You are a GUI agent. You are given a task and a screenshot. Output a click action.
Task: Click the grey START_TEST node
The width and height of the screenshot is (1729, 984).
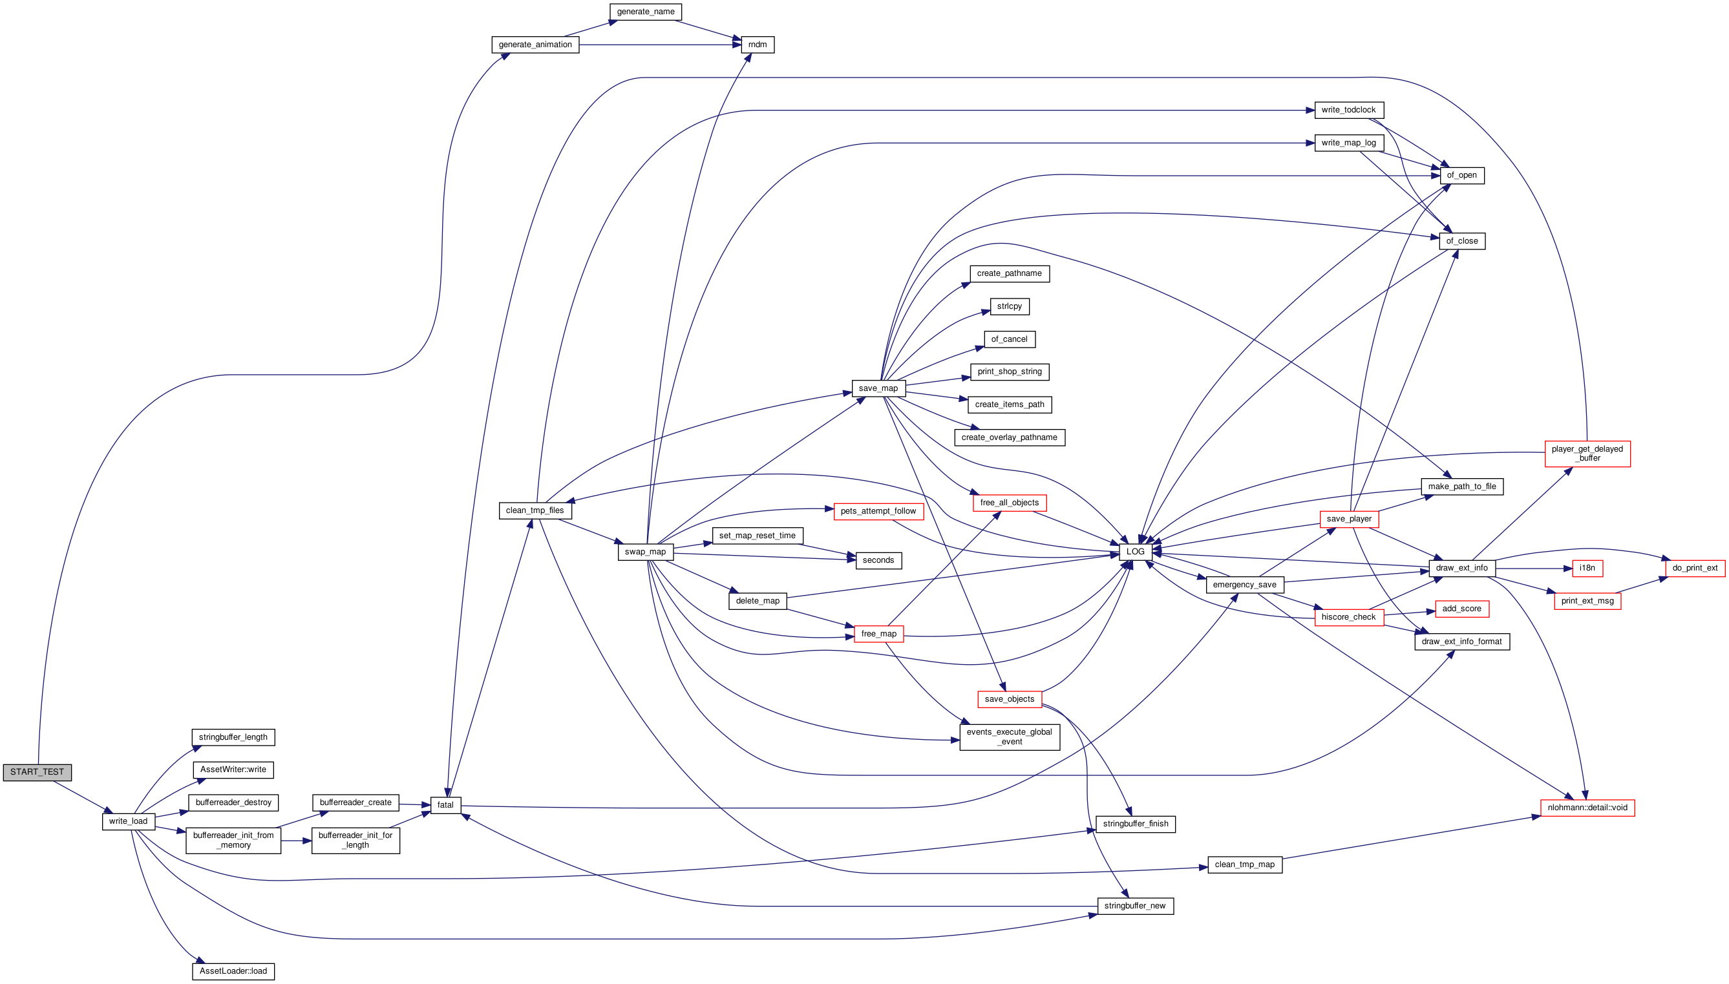(37, 772)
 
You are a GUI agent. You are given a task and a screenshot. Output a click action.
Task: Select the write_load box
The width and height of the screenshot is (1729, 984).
(129, 821)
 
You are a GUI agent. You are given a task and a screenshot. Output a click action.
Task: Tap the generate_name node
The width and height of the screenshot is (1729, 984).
(646, 12)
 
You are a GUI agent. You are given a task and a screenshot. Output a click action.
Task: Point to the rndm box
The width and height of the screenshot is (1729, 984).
(758, 45)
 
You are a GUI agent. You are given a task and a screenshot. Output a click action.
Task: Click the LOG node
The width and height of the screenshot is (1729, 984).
(1136, 552)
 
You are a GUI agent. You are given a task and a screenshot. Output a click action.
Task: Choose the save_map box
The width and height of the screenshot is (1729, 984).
(878, 388)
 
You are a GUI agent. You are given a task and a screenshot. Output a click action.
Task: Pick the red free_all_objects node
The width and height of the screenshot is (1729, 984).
(1010, 503)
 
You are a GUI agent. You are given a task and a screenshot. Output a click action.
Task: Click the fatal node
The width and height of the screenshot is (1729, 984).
(445, 805)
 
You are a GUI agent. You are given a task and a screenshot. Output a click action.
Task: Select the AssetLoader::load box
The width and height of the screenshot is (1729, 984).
(233, 971)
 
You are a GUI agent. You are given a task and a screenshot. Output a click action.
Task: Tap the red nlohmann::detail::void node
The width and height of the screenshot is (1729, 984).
(1587, 808)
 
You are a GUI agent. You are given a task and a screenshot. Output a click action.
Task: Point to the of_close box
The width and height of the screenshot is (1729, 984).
(1462, 241)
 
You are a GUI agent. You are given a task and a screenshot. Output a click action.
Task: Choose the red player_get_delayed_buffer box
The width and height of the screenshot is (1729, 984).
(1587, 454)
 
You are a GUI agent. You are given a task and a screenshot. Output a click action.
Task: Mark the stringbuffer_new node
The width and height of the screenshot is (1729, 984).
(1135, 906)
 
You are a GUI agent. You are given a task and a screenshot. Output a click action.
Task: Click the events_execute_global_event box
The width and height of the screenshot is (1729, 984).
(1010, 737)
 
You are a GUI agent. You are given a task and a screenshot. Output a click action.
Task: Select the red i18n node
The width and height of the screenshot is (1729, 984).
(1587, 569)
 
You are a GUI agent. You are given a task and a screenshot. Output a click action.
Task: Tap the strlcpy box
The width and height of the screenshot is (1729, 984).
(1010, 306)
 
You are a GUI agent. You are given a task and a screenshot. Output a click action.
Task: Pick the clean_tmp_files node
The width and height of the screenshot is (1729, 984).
(535, 510)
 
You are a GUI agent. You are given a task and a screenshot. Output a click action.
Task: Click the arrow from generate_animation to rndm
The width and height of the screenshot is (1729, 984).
(661, 45)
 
